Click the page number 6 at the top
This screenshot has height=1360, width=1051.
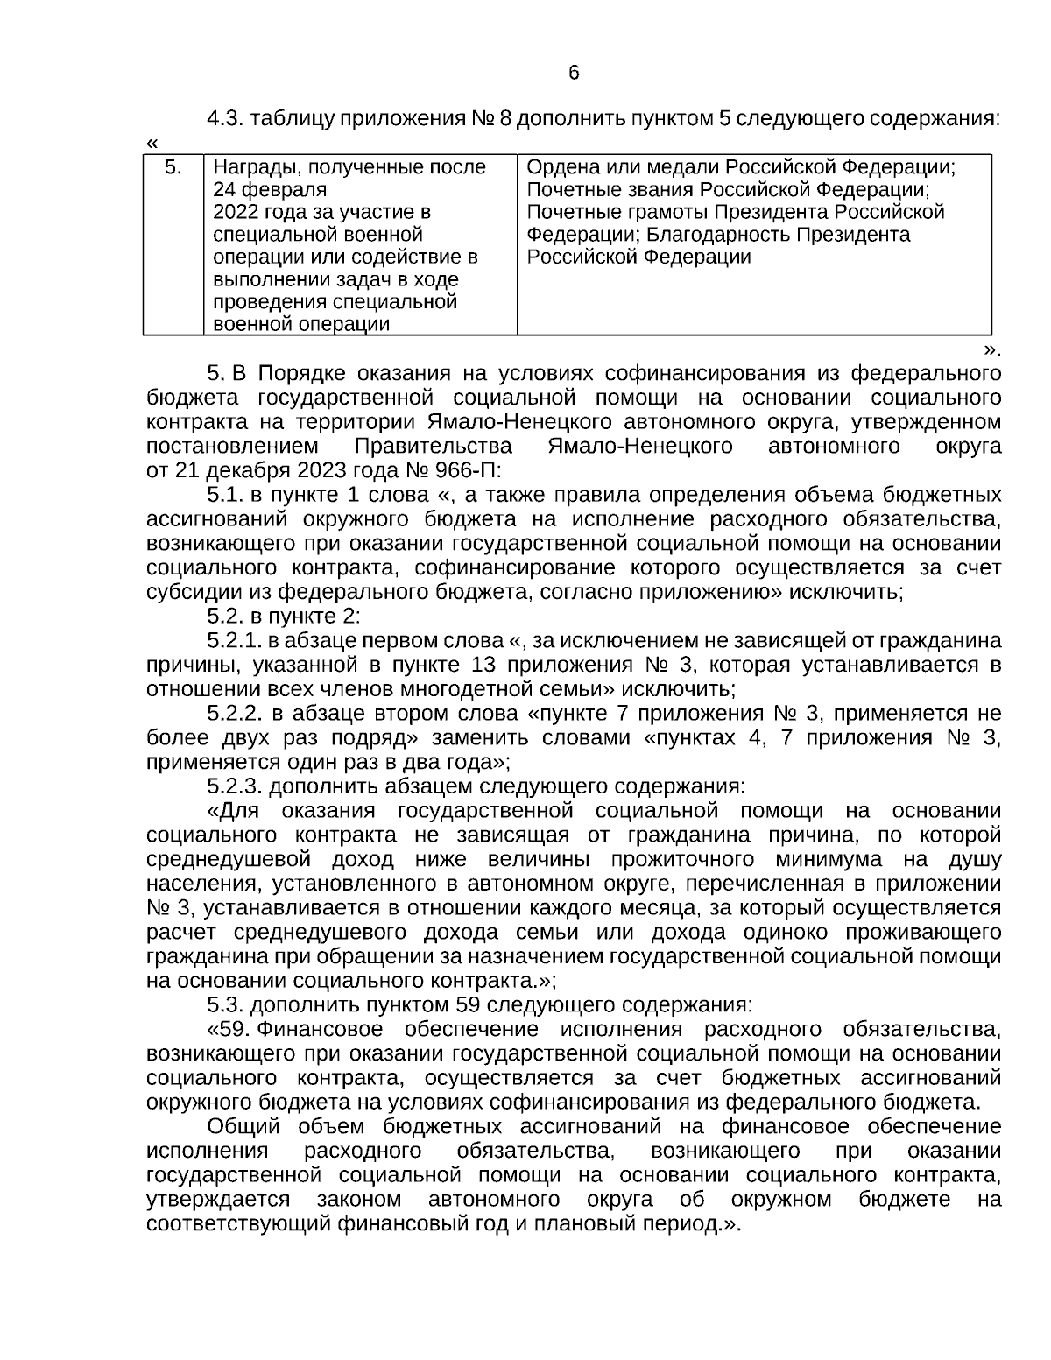click(574, 73)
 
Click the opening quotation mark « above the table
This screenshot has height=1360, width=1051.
click(152, 143)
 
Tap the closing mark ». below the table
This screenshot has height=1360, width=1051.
click(991, 349)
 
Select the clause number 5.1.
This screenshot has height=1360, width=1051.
click(225, 493)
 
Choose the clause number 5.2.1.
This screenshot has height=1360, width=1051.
click(235, 640)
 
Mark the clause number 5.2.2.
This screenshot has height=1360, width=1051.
click(236, 712)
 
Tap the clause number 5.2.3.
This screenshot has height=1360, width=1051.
click(236, 785)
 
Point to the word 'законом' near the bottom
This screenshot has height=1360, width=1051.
click(359, 1198)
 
